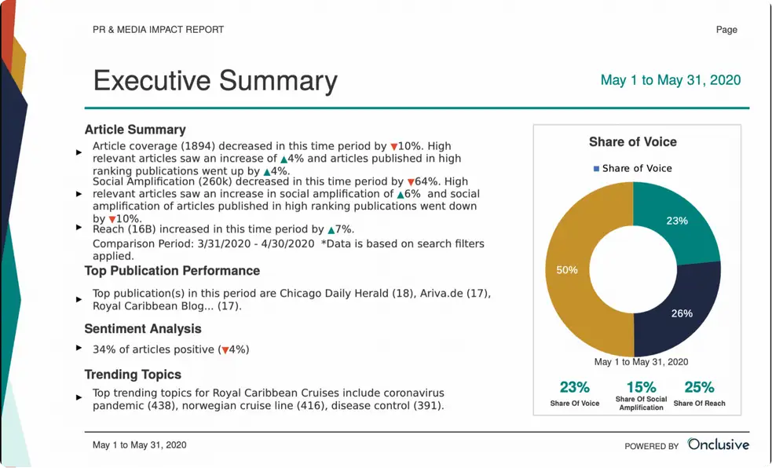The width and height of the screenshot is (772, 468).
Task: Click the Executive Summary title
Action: tap(215, 81)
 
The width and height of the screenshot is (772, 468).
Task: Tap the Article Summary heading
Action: tap(135, 130)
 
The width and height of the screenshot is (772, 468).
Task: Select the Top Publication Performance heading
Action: tap(172, 271)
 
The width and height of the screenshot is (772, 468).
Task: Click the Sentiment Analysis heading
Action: tap(143, 329)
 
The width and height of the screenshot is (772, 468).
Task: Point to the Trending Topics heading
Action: tap(133, 375)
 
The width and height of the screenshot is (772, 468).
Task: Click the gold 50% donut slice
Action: tap(577, 271)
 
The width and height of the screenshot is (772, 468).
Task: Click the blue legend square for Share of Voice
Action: tap(597, 168)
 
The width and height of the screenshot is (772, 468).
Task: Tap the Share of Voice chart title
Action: tap(633, 142)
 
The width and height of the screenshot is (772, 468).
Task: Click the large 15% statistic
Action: tap(641, 386)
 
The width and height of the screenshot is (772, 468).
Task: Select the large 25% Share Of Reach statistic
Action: tap(699, 386)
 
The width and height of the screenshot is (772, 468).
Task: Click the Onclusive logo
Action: tap(718, 444)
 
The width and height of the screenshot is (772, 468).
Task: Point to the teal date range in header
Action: tap(670, 80)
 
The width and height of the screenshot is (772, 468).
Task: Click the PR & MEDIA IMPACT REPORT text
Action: tap(158, 30)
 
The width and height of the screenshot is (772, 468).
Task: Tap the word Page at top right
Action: tap(726, 30)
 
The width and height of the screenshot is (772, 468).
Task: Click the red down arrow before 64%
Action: tap(410, 182)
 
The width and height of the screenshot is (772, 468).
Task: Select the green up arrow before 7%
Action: tap(331, 230)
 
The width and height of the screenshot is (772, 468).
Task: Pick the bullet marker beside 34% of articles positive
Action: tap(79, 348)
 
